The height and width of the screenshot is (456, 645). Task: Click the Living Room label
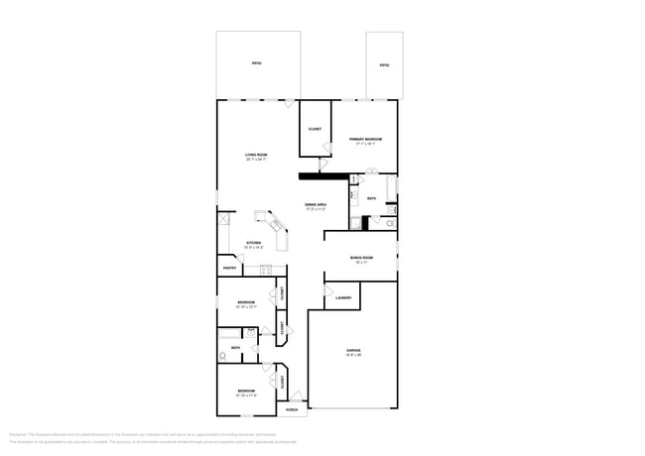pos(256,155)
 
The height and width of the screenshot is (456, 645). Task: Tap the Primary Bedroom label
pos(365,140)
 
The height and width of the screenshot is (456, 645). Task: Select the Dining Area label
pos(316,205)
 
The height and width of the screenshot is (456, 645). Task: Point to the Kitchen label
pos(254,243)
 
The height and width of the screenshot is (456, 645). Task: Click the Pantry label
pos(228,268)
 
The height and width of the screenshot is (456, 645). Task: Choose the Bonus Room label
pos(359,259)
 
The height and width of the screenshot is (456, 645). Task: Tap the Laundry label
pos(343,297)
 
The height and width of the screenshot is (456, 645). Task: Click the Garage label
pos(353,351)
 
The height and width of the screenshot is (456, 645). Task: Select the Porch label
pos(292,408)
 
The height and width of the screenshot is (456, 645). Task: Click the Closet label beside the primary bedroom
pos(314,129)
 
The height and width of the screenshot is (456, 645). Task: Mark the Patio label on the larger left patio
pos(256,63)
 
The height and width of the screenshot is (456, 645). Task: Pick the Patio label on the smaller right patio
pos(384,65)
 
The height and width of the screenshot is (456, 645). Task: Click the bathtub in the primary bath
pos(392,189)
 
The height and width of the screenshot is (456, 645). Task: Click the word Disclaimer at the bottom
pos(18,433)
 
